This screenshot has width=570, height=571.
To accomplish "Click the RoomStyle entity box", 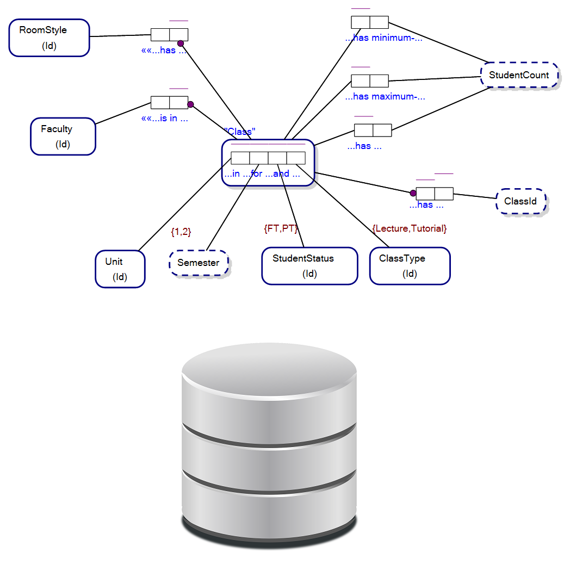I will (49, 38).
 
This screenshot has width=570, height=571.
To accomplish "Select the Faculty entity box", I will (63, 136).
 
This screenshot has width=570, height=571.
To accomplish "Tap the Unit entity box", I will (120, 269).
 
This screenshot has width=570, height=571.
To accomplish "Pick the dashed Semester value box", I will (199, 263).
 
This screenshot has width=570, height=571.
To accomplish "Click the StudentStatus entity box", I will (309, 265).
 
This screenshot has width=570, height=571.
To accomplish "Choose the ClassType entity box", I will (410, 265).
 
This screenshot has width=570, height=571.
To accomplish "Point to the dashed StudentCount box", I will (519, 75).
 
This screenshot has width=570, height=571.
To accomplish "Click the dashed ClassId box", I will (521, 201).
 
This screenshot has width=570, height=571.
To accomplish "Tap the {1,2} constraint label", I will (181, 232).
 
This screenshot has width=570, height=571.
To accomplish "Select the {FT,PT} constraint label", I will (281, 228).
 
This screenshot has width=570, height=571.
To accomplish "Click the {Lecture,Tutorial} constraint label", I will (410, 228).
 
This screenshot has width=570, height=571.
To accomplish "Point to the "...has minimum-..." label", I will (384, 38).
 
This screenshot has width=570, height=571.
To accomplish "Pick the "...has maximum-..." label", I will (385, 97).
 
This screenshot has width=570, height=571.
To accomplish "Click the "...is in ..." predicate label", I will (165, 118).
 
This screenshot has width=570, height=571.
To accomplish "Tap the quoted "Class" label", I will (240, 132).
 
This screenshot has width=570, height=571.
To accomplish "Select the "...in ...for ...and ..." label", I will (262, 174).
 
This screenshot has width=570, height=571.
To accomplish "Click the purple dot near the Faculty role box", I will (190, 104).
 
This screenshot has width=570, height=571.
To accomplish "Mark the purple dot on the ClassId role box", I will (413, 193).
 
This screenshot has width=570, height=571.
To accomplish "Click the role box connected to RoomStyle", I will (169, 35).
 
